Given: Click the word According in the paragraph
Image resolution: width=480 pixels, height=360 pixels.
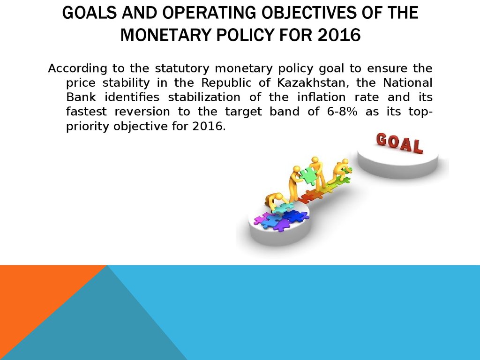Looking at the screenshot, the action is pyautogui.click(x=77, y=68).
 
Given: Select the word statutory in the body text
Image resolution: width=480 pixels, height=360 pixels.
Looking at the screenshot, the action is pyautogui.click(x=182, y=68).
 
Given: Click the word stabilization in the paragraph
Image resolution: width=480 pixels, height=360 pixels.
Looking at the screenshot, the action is pyautogui.click(x=204, y=97).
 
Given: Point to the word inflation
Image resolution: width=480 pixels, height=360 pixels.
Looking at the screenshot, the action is pyautogui.click(x=322, y=97).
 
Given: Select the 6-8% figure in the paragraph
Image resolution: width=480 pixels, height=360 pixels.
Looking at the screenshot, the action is pyautogui.click(x=342, y=112).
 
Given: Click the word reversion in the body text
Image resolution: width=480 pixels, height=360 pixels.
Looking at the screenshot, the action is pyautogui.click(x=142, y=112).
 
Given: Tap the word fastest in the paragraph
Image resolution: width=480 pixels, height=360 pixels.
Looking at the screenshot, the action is pyautogui.click(x=86, y=112).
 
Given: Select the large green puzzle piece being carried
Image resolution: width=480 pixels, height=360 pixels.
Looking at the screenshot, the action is pyautogui.click(x=307, y=176).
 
